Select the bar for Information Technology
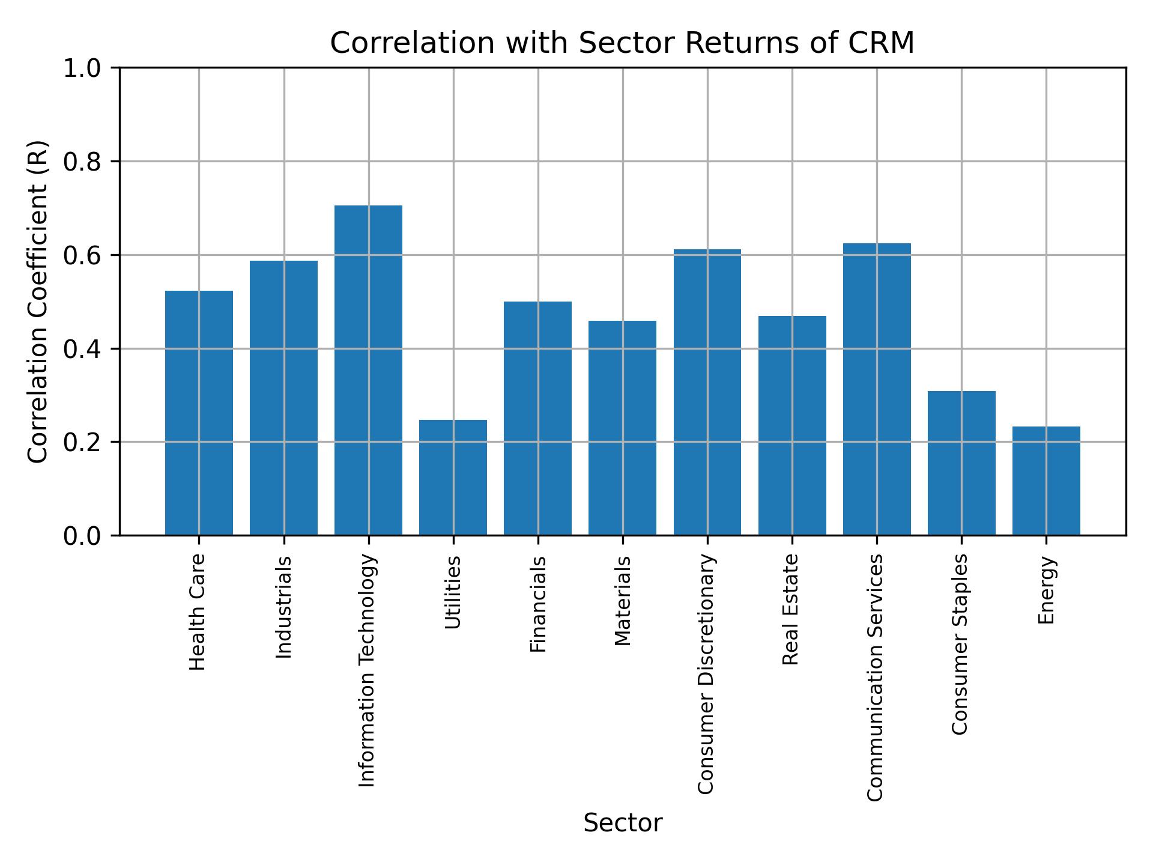(368, 370)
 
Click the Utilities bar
(453, 477)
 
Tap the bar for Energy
(1046, 481)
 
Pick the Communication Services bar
(877, 389)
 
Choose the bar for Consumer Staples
(961, 463)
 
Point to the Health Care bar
(199, 413)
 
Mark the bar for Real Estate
(792, 425)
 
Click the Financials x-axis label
(538, 604)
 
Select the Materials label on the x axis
(623, 601)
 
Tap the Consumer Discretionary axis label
(707, 674)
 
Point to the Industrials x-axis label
(283, 607)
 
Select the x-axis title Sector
(623, 823)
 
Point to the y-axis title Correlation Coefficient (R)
(38, 302)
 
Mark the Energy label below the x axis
(1046, 590)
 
